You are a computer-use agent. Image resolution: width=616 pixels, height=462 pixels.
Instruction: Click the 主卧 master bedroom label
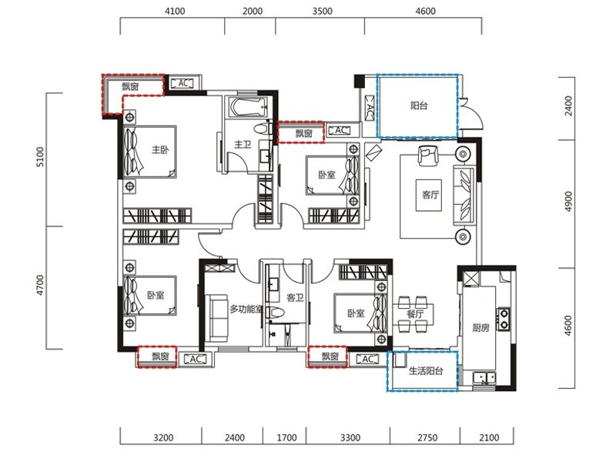pyautogui.click(x=160, y=149)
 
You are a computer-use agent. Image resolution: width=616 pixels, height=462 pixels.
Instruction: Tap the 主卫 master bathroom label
pyautogui.click(x=243, y=145)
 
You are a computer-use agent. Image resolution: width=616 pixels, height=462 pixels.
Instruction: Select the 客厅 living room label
pyautogui.click(x=430, y=195)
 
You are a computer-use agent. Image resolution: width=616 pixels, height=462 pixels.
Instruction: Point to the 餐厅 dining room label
pyautogui.click(x=415, y=313)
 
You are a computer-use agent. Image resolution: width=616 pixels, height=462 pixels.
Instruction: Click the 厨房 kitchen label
pyautogui.click(x=480, y=327)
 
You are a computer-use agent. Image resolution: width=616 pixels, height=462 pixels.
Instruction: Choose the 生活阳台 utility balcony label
pyautogui.click(x=426, y=371)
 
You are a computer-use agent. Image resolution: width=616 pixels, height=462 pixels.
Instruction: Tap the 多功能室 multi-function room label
pyautogui.click(x=246, y=310)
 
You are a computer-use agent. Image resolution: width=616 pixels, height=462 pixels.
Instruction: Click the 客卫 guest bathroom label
pyautogui.click(x=295, y=297)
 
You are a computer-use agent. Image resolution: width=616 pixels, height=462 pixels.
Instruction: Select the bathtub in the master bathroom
pyautogui.click(x=248, y=107)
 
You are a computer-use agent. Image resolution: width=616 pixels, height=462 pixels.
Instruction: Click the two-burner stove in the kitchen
pyautogui.click(x=504, y=319)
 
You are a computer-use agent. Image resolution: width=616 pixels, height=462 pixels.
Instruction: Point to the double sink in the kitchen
pyautogui.click(x=484, y=378)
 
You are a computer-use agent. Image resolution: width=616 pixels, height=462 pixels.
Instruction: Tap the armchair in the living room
pyautogui.click(x=427, y=156)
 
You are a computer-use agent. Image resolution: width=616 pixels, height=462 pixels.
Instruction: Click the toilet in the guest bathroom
pyautogui.click(x=275, y=313)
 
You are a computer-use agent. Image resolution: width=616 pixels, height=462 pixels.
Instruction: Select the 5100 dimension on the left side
pyautogui.click(x=40, y=157)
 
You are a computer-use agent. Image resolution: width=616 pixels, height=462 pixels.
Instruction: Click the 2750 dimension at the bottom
pyautogui.click(x=427, y=437)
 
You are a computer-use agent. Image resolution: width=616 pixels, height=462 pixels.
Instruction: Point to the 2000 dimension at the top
pyautogui.click(x=253, y=11)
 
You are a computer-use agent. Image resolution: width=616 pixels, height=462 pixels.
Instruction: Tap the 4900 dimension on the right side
pyautogui.click(x=568, y=202)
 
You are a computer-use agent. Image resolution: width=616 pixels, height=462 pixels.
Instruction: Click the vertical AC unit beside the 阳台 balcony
pyautogui.click(x=370, y=106)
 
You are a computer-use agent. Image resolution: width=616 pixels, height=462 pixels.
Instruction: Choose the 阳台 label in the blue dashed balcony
pyautogui.click(x=419, y=105)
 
